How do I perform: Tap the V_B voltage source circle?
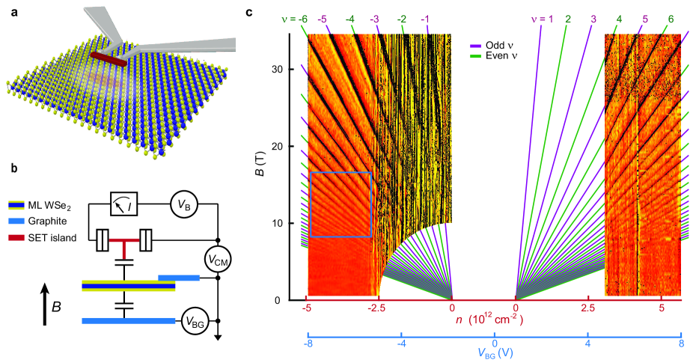coord(182,204)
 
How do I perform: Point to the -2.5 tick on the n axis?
coord(379,308)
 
